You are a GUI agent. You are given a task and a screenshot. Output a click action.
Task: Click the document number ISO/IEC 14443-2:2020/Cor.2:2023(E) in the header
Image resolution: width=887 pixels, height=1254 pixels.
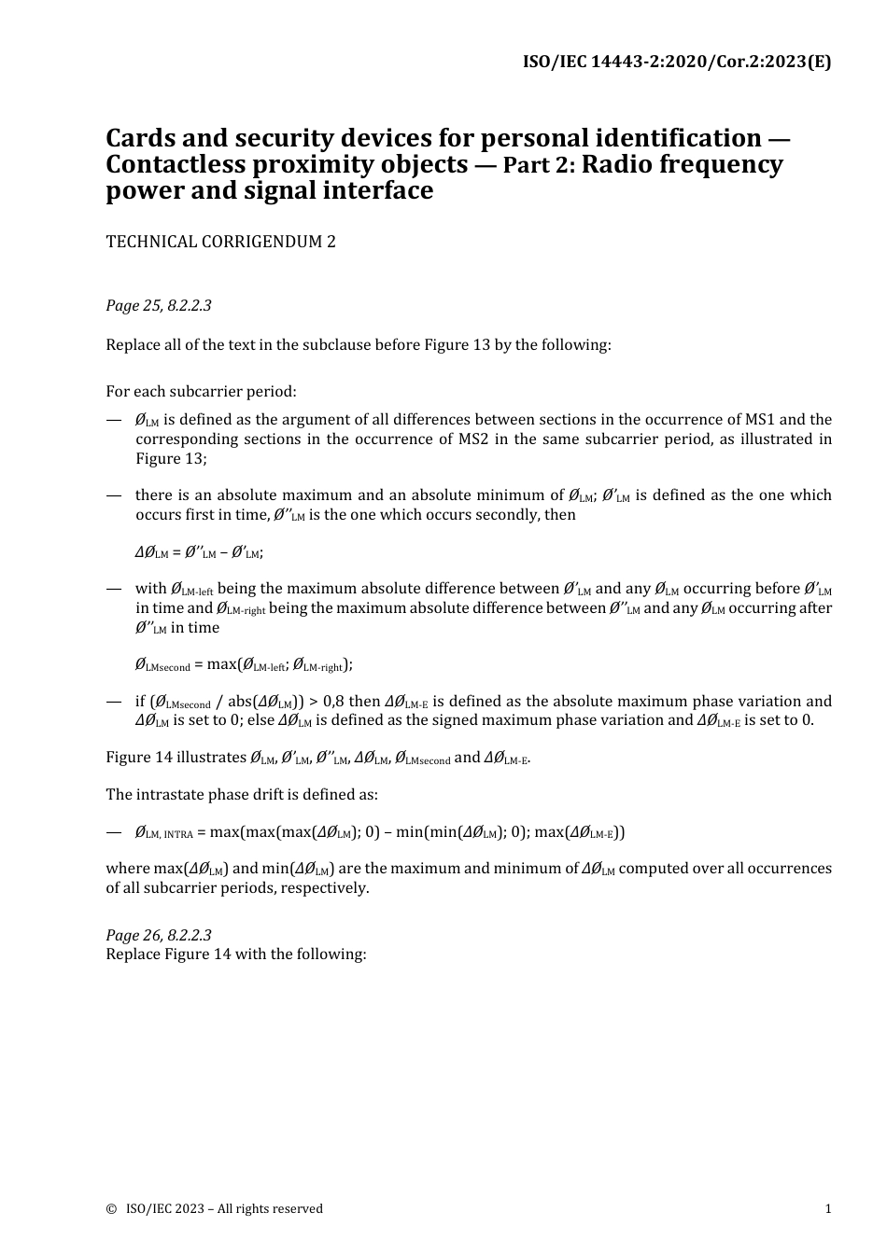click(x=676, y=63)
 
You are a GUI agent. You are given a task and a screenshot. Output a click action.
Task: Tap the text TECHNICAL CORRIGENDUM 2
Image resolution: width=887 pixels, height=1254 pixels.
click(x=220, y=242)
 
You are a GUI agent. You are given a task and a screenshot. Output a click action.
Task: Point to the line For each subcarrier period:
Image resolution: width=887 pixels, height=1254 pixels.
click(x=201, y=392)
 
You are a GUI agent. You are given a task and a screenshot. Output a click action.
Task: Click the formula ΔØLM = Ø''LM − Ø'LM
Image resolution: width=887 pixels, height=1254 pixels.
click(x=199, y=552)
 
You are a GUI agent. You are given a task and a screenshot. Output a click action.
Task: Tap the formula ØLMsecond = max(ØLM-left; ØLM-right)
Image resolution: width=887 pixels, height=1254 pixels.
click(x=244, y=665)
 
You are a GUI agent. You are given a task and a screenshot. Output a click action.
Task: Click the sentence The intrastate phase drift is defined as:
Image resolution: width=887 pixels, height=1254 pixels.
click(x=242, y=795)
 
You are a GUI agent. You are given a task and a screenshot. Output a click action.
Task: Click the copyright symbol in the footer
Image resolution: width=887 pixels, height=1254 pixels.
click(x=111, y=1209)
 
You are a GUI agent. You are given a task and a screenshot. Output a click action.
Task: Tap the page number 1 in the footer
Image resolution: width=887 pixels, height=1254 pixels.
click(x=827, y=1209)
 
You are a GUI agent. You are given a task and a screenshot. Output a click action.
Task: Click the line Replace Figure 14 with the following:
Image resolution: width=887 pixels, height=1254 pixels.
click(x=236, y=954)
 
